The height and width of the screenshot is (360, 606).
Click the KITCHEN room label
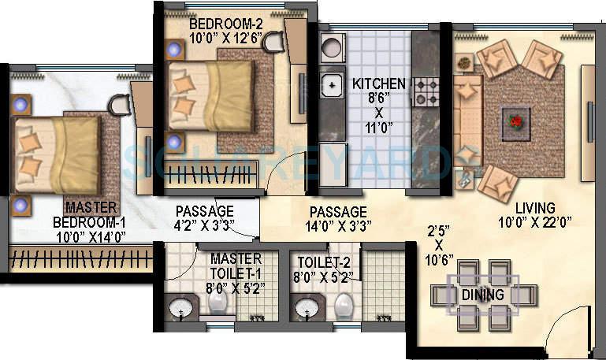[378, 84]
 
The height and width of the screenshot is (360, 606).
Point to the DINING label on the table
[482, 295]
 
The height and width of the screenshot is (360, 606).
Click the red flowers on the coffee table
[516, 121]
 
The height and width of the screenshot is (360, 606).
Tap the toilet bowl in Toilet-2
[344, 303]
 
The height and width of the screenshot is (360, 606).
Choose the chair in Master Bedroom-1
[120, 102]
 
